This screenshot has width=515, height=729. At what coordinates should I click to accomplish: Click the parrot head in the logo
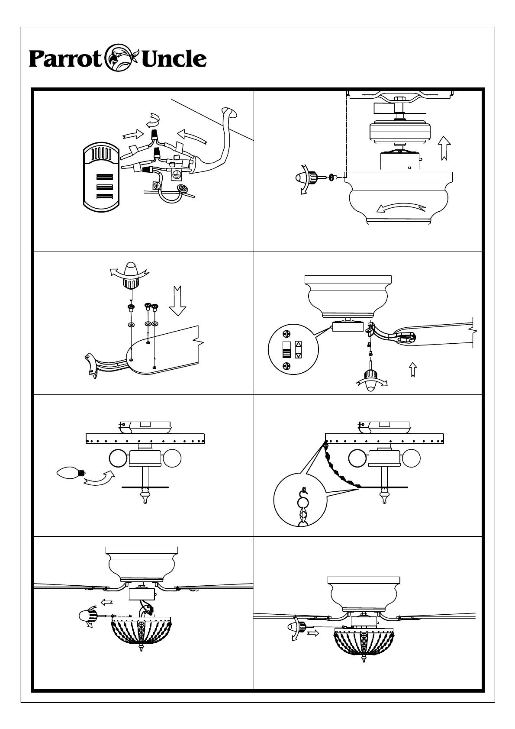click(121, 57)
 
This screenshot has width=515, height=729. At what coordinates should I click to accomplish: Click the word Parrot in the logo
click(65, 59)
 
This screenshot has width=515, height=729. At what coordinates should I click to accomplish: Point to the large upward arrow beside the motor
click(444, 147)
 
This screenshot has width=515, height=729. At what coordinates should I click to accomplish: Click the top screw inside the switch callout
click(286, 333)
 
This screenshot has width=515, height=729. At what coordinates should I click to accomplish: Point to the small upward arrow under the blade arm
click(413, 370)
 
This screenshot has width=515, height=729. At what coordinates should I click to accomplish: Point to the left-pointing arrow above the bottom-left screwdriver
click(106, 601)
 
